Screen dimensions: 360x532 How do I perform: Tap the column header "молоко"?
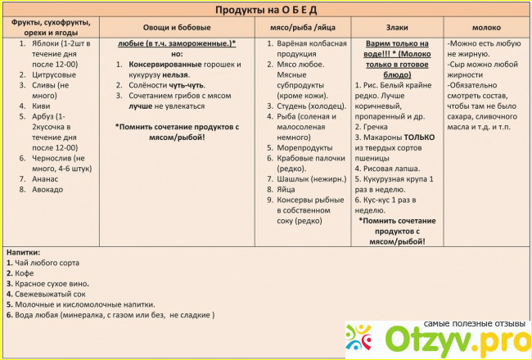tap(488, 27)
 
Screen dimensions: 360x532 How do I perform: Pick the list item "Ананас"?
tap(46, 178)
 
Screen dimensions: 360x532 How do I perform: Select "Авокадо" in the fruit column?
tap(47, 189)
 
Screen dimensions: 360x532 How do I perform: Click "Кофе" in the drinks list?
tap(24, 273)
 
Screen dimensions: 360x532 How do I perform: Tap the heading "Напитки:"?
tap(24, 252)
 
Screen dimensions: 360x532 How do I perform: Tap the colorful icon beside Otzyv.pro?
tap(363, 337)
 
